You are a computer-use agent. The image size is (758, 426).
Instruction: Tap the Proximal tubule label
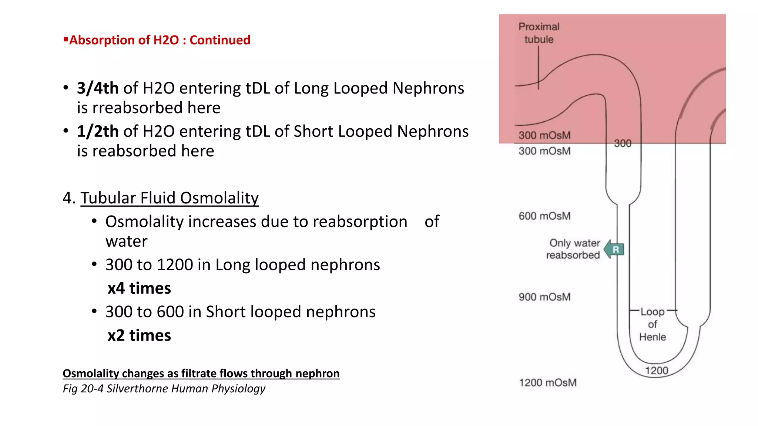click(x=539, y=33)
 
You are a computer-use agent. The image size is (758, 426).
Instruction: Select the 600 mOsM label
click(x=544, y=216)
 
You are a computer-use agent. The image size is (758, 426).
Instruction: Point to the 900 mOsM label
click(x=544, y=297)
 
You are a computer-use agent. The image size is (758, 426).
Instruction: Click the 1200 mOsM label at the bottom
click(x=547, y=383)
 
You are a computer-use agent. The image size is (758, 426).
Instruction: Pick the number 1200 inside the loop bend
click(x=657, y=371)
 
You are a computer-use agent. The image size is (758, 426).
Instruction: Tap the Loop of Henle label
click(x=653, y=324)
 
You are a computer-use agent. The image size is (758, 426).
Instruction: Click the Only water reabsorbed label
click(x=573, y=249)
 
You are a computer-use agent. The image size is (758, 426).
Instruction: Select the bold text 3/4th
click(x=98, y=88)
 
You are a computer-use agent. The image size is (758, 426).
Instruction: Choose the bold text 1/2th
click(x=98, y=132)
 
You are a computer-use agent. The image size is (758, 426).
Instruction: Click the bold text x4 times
click(x=139, y=288)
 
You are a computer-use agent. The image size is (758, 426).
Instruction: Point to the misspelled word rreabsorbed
click(x=138, y=108)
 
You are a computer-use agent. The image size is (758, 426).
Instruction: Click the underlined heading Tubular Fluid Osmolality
click(x=170, y=198)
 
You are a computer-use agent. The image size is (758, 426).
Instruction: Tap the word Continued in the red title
click(x=220, y=40)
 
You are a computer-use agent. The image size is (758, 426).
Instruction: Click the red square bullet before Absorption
click(x=66, y=39)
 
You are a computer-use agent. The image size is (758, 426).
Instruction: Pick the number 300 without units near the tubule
click(x=623, y=143)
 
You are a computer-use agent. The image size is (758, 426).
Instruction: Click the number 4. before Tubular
click(x=69, y=198)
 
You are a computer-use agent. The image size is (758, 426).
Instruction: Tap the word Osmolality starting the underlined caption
click(x=91, y=373)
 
